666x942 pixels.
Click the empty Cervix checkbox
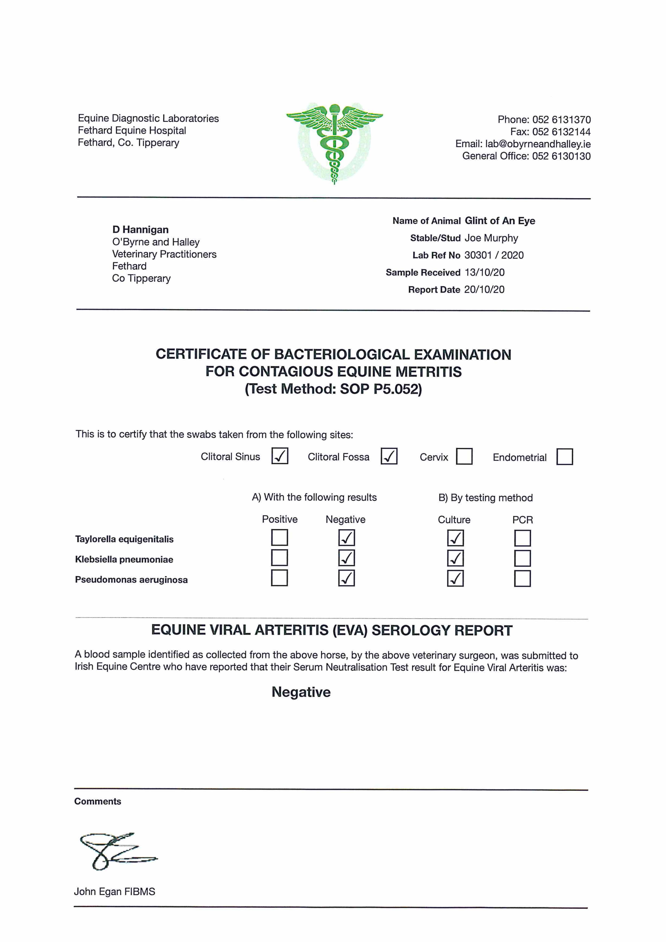[x=464, y=456]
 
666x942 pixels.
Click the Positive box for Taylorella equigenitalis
[x=279, y=538]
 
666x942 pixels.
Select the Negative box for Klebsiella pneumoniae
[x=346, y=558]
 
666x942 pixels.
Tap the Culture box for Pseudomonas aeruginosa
[x=455, y=579]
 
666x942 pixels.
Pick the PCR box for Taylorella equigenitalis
[x=522, y=538]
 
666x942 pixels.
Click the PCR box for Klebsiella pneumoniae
[x=522, y=558]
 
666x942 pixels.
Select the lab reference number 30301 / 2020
[x=494, y=255]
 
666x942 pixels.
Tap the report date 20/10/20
[x=484, y=290]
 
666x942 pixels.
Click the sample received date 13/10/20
[x=484, y=272]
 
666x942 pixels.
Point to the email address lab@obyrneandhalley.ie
[x=538, y=144]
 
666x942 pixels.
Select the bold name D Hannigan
[x=140, y=230]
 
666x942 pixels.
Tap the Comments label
[x=98, y=801]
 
